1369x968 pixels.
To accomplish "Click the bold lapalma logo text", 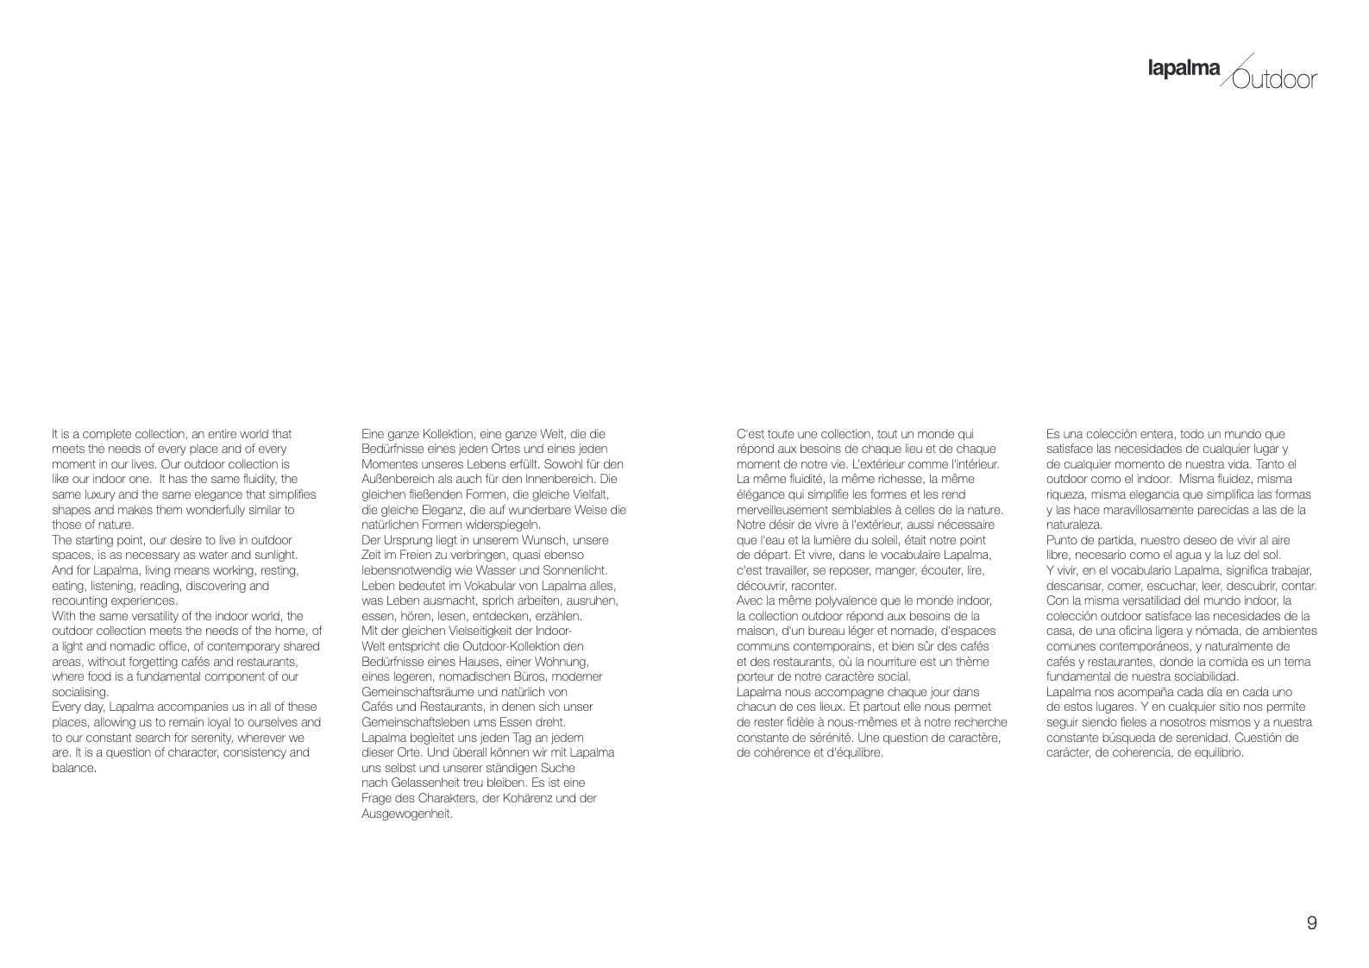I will [1184, 69].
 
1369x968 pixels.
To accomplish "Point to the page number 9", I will [1311, 923].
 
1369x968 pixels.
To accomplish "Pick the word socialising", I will [80, 692].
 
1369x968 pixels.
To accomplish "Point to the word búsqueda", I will [1126, 738].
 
